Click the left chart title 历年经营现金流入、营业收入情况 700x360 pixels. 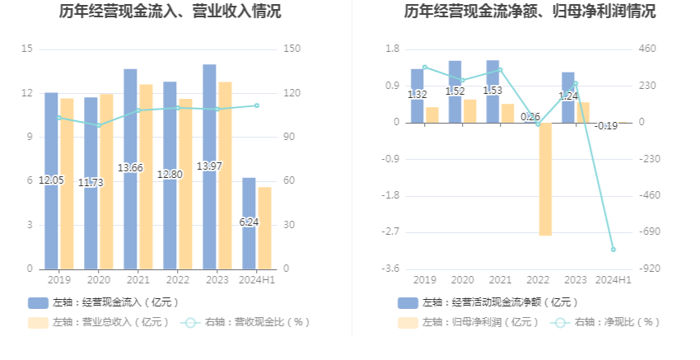[170, 12]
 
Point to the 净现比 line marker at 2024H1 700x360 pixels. [613, 250]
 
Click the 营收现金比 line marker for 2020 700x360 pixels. [99, 126]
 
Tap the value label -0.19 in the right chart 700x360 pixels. [606, 126]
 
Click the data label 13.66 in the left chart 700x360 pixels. [130, 168]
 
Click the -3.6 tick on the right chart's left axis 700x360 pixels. [391, 269]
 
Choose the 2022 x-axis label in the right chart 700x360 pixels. [537, 280]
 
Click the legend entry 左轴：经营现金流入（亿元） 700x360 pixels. [104, 302]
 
